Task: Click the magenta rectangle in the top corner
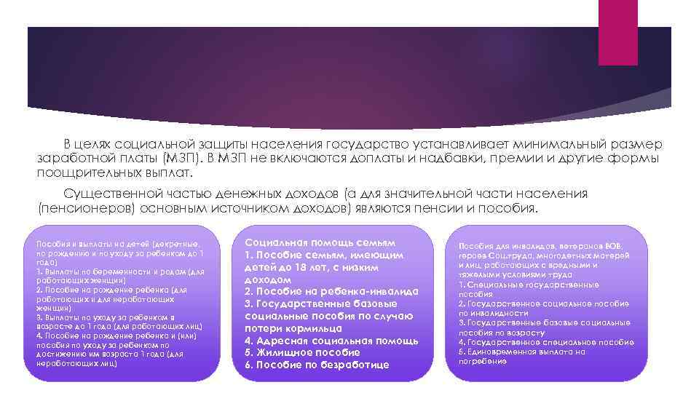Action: [618, 22]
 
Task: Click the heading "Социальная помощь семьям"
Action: [320, 242]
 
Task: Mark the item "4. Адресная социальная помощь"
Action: [331, 340]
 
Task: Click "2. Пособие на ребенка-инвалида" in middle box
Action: [331, 291]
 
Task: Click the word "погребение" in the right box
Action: [483, 361]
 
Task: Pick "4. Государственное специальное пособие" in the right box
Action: [546, 342]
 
